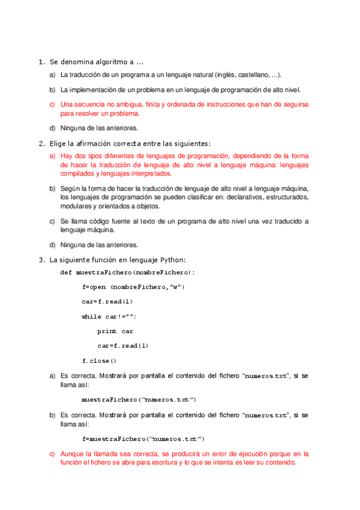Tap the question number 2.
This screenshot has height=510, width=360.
[x=40, y=143]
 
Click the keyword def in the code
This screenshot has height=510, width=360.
[x=66, y=272]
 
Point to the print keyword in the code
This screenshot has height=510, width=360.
[x=107, y=331]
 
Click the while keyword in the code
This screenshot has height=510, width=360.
[x=91, y=316]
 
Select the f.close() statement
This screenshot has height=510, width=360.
[x=99, y=361]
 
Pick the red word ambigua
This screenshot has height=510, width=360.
[x=119, y=105]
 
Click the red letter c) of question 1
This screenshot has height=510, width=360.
[x=52, y=105]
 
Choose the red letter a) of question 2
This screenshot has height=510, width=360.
[x=52, y=156]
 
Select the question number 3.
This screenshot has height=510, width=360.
[x=40, y=260]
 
